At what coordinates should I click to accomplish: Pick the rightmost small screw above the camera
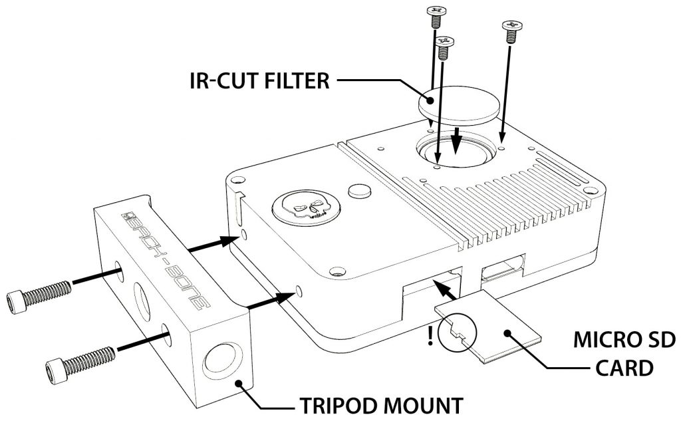511,31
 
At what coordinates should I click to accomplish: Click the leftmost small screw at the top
435,13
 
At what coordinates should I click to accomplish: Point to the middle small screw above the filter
442,46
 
